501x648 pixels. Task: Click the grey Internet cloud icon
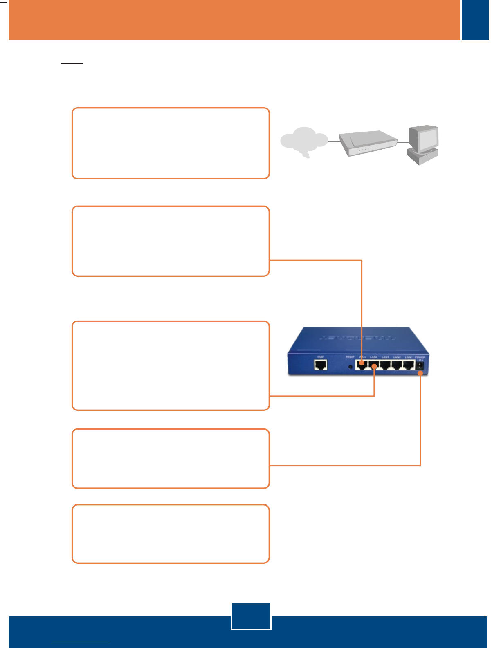[x=303, y=141]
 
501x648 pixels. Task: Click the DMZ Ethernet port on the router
[x=321, y=364]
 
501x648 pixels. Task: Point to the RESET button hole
[x=350, y=366]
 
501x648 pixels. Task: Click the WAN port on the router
[x=361, y=365]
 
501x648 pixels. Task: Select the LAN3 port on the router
[x=385, y=365]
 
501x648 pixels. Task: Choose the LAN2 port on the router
[x=397, y=365]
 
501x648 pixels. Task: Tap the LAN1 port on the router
[x=409, y=365]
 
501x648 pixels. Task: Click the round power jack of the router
[x=420, y=366]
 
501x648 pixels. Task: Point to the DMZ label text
[x=321, y=357]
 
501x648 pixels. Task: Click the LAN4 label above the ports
[x=374, y=357]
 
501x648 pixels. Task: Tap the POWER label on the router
[x=420, y=357]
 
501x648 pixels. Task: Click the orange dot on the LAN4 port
[x=374, y=367]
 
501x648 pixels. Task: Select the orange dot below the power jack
[x=420, y=373]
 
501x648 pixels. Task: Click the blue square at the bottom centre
[x=251, y=616]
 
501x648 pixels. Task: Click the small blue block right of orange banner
[x=475, y=20]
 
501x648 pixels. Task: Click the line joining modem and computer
[x=403, y=142]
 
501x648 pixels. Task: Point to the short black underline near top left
[x=72, y=64]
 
